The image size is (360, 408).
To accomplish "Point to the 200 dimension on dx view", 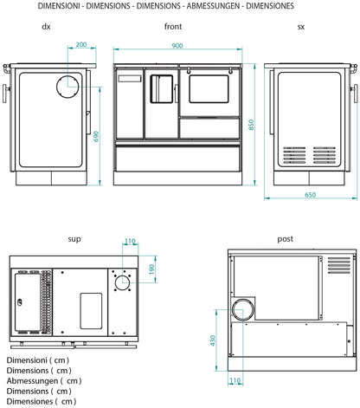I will tap(80, 45).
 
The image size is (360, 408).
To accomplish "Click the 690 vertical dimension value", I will tap(96, 137).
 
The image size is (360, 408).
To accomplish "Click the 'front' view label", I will tap(173, 27).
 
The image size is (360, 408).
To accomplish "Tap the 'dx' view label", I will tap(46, 27).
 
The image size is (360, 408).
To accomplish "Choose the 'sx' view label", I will tap(301, 27).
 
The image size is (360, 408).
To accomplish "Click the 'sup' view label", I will tap(74, 237).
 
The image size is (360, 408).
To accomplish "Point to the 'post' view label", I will tap(285, 238).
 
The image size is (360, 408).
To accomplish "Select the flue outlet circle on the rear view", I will tap(243, 309).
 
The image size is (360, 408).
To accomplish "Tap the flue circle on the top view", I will tap(121, 281).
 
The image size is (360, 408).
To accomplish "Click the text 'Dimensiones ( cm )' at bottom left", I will tap(41, 400).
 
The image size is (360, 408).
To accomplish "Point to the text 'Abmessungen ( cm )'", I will tap(43, 379).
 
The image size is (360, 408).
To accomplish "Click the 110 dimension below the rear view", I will tap(235, 380).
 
